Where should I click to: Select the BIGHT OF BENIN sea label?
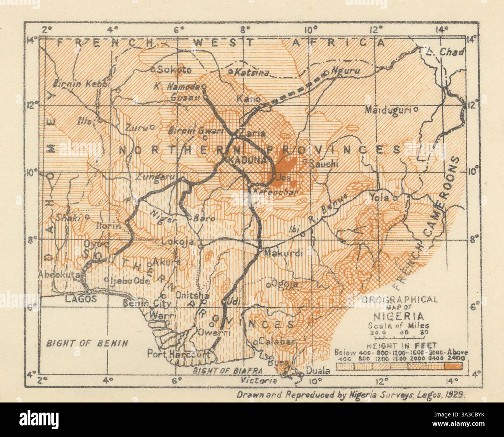pos(87,342)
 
